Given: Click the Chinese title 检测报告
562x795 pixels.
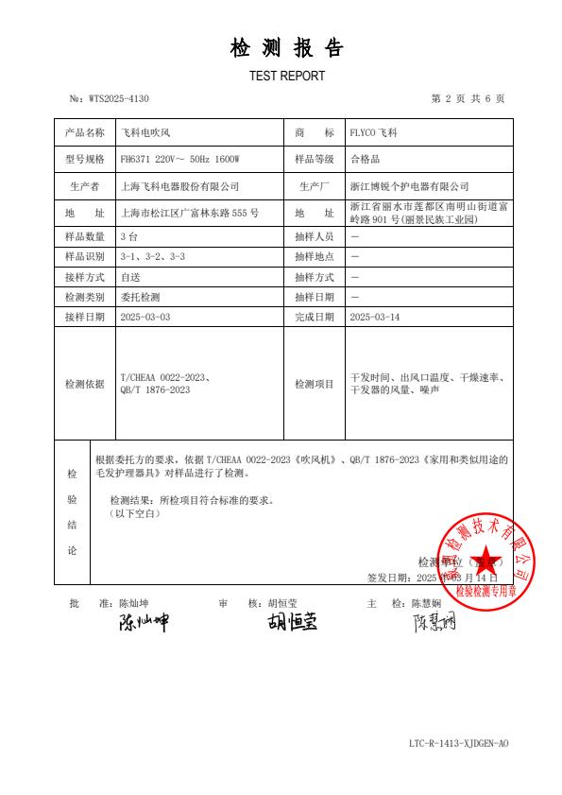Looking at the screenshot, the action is point(287,48).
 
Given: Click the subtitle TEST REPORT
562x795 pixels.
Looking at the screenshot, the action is point(287,76).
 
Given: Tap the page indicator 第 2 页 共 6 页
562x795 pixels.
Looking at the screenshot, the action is point(467,98).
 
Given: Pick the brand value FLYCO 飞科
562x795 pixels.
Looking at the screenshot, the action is point(374,133).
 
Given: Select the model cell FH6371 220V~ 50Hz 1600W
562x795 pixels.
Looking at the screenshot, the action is point(180,160).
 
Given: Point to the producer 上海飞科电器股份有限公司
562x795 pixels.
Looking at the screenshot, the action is point(180,186).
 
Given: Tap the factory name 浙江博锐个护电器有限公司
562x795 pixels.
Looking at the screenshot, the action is point(409,186).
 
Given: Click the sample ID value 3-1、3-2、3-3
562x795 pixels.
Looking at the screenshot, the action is point(153,256).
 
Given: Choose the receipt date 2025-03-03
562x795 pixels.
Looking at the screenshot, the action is point(145,318).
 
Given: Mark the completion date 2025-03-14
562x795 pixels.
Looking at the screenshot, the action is point(375,318).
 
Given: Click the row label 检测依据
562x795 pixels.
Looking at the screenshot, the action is point(84,385).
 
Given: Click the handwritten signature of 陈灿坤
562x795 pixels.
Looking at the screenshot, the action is point(143,623).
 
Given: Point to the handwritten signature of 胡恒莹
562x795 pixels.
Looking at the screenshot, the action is point(291,623).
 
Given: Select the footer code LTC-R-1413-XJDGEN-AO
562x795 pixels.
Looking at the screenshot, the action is point(458,744).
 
